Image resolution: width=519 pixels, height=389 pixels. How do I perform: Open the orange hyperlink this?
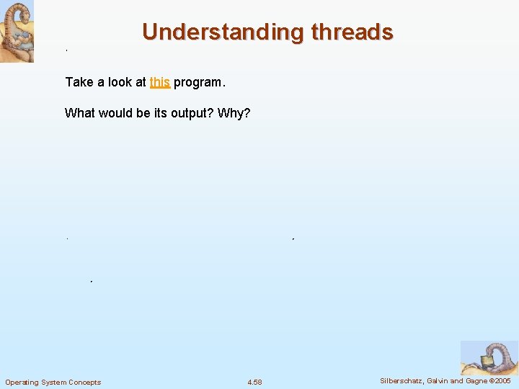(159, 82)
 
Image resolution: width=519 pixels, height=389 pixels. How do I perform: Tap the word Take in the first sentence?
(79, 82)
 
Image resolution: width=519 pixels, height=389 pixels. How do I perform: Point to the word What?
(79, 113)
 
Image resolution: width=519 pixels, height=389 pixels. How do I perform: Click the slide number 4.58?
(254, 382)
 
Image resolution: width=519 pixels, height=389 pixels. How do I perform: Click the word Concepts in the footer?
(85, 382)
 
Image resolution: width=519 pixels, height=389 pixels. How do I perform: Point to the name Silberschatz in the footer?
(402, 381)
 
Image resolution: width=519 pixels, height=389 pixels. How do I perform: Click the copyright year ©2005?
(500, 381)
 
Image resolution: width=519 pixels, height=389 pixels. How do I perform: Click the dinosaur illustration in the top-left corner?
(17, 32)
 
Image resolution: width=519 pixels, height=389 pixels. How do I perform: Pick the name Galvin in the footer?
(440, 381)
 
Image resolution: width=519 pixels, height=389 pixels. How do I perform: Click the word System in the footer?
(54, 382)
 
